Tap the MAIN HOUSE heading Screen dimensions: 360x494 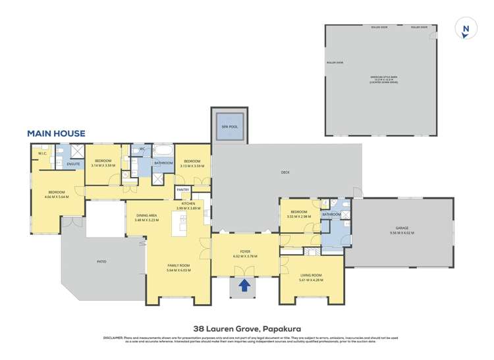(56, 134)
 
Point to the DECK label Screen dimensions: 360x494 (285, 173)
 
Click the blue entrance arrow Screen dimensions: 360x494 (244, 286)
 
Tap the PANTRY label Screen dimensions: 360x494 (183, 190)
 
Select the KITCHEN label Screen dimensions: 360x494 (188, 205)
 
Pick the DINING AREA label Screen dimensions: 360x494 (146, 217)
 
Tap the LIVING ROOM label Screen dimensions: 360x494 (310, 276)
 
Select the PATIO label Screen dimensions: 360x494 (101, 261)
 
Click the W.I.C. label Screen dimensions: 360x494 (42, 154)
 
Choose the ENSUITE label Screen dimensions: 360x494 (74, 163)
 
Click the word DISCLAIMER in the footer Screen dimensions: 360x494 (112, 338)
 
